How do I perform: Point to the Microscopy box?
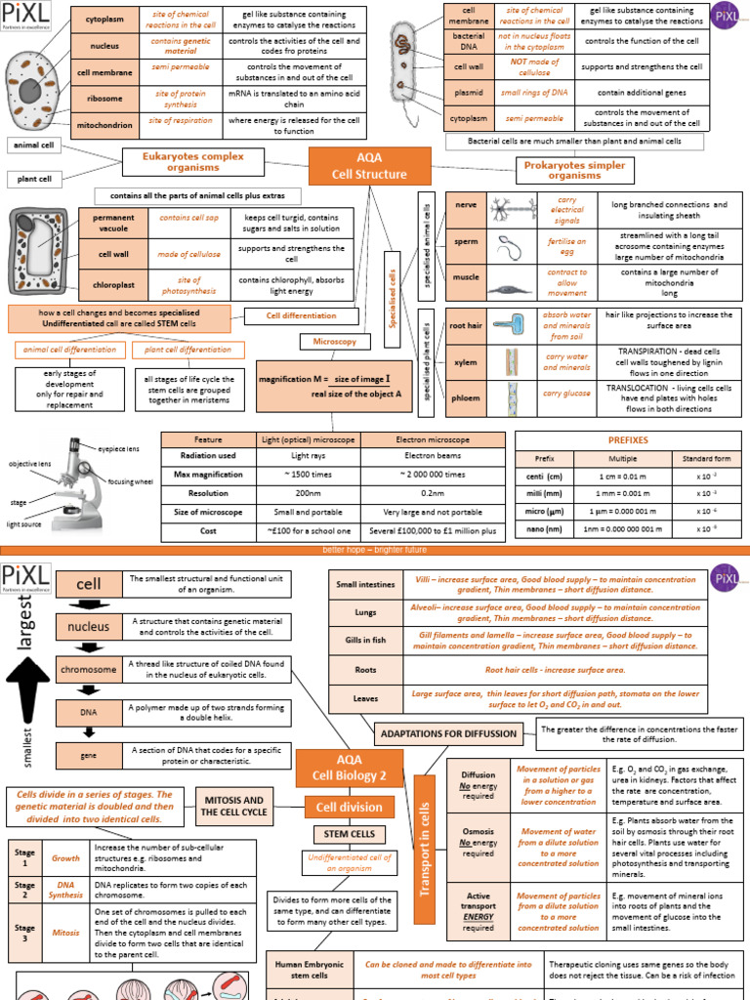(334, 343)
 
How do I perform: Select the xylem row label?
(466, 362)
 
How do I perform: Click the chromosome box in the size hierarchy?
(88, 670)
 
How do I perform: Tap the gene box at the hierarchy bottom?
(88, 755)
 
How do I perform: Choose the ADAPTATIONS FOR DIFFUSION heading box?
(454, 732)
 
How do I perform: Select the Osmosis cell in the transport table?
(478, 843)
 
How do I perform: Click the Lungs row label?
(365, 611)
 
